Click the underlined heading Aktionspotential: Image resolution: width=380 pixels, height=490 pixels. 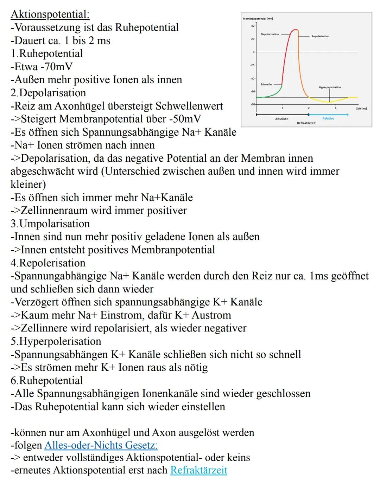point(50,14)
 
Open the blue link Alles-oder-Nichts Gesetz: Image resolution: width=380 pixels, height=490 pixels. point(101,445)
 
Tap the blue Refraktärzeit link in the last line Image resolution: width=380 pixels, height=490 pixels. point(199,470)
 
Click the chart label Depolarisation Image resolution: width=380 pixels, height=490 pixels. point(270,34)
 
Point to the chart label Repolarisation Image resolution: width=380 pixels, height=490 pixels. point(321,36)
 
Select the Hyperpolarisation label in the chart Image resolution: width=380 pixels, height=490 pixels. point(330,87)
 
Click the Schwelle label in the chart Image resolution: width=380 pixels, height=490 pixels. point(266,84)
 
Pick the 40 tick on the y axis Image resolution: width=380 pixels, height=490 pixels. point(252,26)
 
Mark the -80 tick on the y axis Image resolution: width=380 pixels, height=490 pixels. point(252,104)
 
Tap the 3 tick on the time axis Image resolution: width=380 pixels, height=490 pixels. point(335,108)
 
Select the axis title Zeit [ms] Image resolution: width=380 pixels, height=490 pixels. point(361,109)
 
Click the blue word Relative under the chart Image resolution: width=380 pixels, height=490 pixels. point(328,118)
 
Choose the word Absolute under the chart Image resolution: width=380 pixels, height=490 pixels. point(281,119)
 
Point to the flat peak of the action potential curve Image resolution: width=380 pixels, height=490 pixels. point(295,30)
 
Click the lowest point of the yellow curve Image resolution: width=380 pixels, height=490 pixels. point(330,102)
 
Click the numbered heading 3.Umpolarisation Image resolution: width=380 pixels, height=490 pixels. point(50,224)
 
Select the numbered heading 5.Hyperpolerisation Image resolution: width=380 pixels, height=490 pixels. point(56,341)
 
